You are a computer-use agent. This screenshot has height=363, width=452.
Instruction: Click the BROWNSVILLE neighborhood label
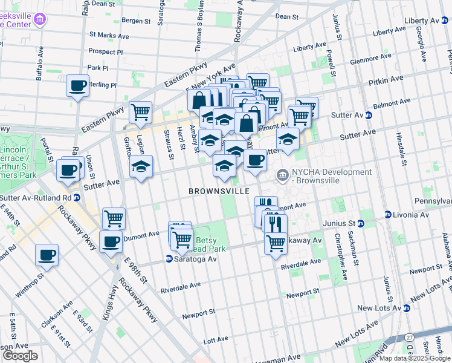[x=219, y=191]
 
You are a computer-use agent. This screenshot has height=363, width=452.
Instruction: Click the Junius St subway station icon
[x=361, y=223]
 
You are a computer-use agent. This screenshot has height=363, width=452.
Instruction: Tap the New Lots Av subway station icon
[x=407, y=308]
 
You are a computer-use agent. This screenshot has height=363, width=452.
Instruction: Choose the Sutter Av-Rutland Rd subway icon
[x=77, y=197]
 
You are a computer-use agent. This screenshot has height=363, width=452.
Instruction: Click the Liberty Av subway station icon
[x=444, y=21]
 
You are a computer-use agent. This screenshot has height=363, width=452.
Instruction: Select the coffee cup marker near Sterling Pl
[x=77, y=87]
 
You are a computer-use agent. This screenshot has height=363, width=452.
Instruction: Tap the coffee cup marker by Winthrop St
[x=47, y=256]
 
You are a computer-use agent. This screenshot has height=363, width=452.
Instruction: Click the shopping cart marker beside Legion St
[x=140, y=112]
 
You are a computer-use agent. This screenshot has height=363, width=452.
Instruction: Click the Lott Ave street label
[x=215, y=341]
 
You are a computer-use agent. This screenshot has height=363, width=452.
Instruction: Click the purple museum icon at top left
[x=40, y=19]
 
